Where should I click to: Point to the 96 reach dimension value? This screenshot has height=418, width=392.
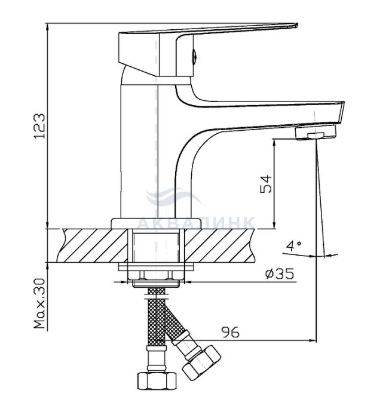pyautogui.click(x=230, y=333)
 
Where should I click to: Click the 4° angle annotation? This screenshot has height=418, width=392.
pyautogui.click(x=292, y=245)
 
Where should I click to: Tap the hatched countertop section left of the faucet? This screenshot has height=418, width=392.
pyautogui.click(x=90, y=245)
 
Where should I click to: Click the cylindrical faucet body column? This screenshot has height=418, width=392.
pyautogui.click(x=140, y=149)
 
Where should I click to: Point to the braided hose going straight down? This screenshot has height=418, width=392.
pyautogui.click(x=157, y=322)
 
